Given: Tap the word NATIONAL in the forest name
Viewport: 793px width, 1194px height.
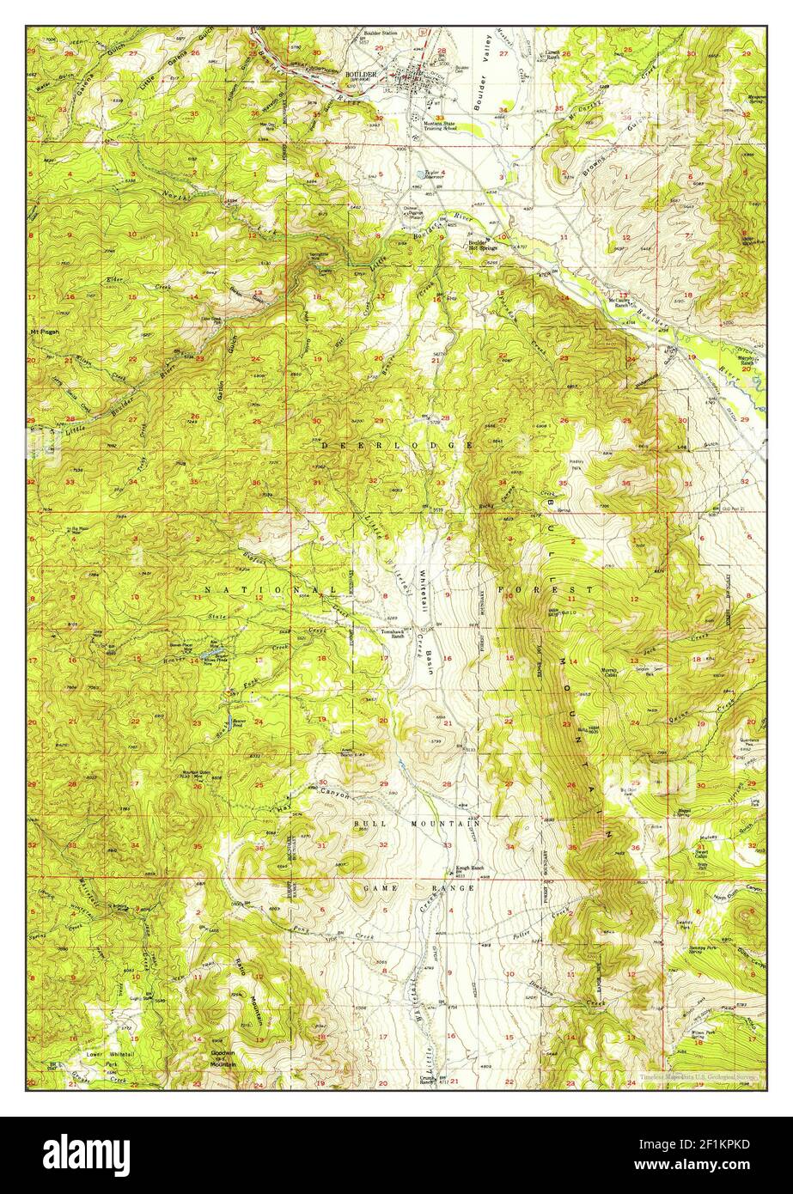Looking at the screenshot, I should (x=258, y=591).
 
